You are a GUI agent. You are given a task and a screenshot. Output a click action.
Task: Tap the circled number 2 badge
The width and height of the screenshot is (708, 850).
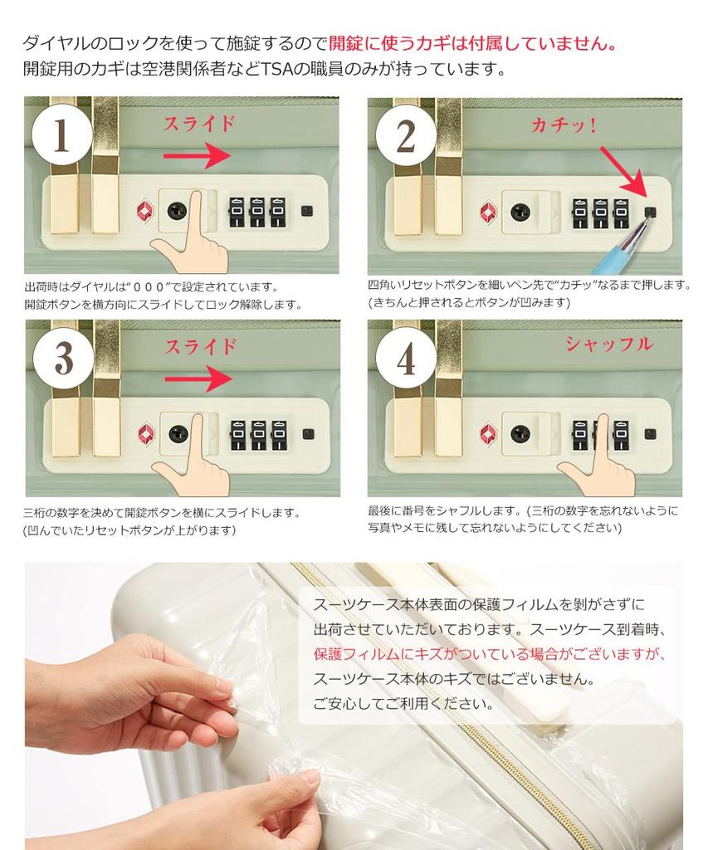pos(406,135)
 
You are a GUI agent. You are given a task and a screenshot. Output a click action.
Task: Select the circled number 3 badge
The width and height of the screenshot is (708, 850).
pos(63,357)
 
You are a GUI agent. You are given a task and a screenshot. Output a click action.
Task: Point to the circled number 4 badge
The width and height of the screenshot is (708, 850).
pos(406,357)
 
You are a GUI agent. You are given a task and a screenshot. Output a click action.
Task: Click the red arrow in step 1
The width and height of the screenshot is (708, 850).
pos(197,156)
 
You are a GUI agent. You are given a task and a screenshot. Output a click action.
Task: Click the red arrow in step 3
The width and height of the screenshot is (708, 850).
pos(198,379)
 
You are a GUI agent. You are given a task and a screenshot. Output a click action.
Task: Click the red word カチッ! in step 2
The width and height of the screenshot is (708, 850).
pos(564,125)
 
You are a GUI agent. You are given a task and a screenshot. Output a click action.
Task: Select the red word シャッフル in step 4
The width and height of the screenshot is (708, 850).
pos(608,344)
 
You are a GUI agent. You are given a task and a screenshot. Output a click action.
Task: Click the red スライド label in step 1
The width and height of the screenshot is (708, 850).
pos(199,124)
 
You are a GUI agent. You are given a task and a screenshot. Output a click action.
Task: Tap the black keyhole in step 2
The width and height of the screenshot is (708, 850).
pos(520,212)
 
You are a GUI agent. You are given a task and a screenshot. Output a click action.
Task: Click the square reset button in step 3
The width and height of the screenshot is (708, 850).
pos(308,433)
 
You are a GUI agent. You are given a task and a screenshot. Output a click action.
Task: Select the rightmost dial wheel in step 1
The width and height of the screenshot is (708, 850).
pos(278,212)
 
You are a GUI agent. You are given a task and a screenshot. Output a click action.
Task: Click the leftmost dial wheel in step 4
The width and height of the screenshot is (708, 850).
pos(580,434)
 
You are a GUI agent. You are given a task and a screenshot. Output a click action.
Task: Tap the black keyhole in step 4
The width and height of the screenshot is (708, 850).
pos(520,433)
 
